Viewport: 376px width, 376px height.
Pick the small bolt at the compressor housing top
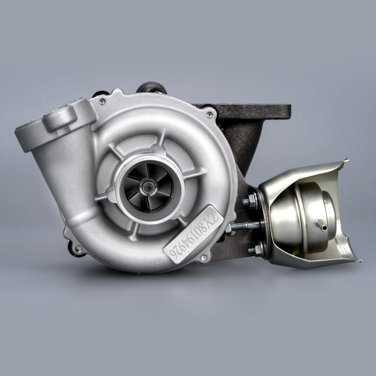pyautogui.click(x=102, y=102)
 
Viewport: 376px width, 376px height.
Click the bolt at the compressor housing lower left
pyautogui.click(x=78, y=247)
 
